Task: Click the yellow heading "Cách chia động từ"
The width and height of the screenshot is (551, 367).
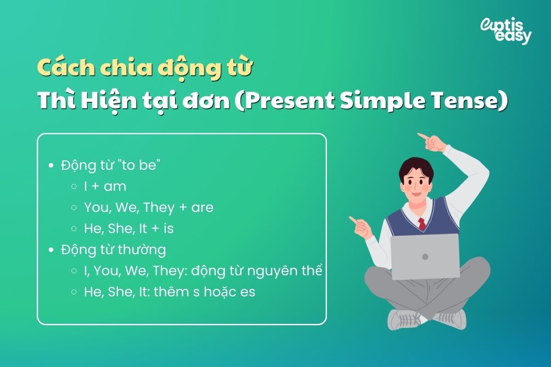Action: [x=145, y=68]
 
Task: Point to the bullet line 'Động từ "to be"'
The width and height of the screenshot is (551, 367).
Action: [x=110, y=166]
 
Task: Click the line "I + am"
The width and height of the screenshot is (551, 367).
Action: [x=105, y=187]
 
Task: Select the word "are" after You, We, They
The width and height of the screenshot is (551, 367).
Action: [x=202, y=207]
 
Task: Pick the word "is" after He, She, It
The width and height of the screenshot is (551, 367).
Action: [x=169, y=228]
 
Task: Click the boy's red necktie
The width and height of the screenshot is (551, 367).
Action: [x=421, y=224]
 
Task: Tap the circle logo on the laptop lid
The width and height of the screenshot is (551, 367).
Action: [x=425, y=256]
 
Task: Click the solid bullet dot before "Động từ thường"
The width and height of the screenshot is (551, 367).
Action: [x=51, y=250]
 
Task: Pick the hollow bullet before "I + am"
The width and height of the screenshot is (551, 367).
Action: [x=74, y=187]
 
